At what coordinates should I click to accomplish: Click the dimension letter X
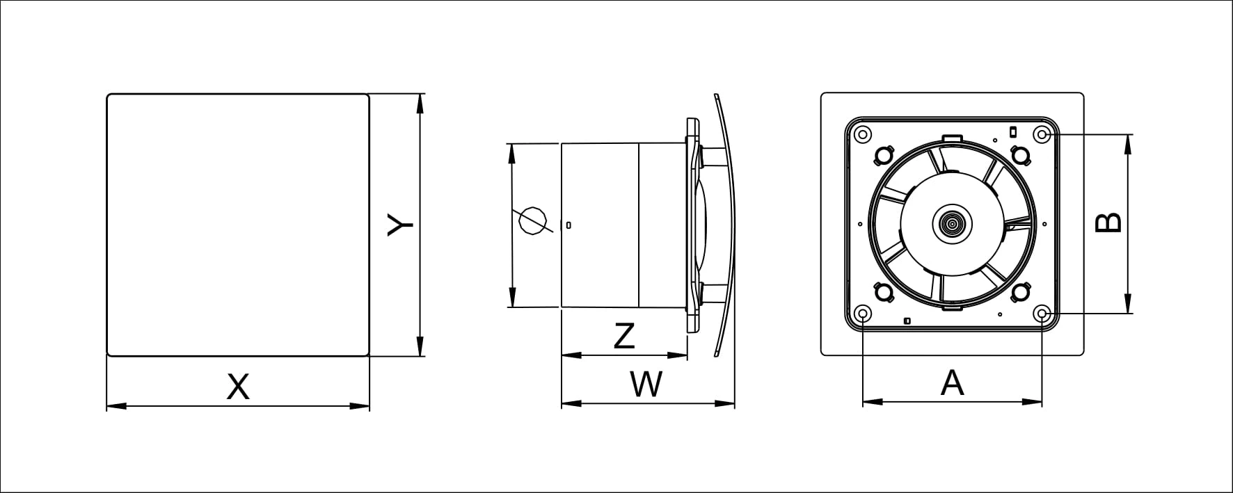coord(238,387)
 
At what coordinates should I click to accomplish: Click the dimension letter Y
coord(401,225)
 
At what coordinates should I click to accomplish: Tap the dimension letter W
coord(646,384)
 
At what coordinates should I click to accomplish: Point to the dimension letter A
coord(952,383)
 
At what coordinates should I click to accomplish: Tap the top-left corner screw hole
coord(863,134)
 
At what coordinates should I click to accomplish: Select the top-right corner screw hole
coord(1042,134)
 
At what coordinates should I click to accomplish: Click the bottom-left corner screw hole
coord(863,314)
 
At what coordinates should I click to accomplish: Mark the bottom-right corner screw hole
coord(1042,314)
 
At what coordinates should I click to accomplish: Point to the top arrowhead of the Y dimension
coord(419,104)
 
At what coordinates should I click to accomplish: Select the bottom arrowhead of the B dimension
coord(1127,304)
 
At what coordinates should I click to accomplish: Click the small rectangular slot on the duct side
coord(569,224)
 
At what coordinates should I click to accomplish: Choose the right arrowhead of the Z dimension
coord(678,355)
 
